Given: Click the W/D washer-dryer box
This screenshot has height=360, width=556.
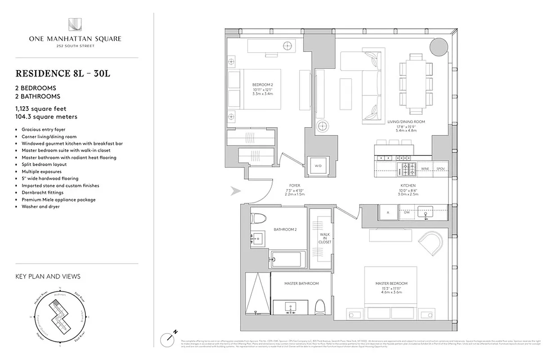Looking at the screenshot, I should pyautogui.click(x=318, y=166).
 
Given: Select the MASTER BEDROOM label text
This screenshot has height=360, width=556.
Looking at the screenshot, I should pyautogui.click(x=391, y=283).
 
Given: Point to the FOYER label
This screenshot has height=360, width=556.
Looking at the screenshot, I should pyautogui.click(x=295, y=185).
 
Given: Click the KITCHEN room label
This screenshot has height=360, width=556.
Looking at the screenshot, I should pyautogui.click(x=408, y=185).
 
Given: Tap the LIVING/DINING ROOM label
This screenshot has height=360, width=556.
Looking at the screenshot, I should pyautogui.click(x=406, y=121).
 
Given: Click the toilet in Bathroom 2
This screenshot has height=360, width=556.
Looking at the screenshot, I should pyautogui.click(x=257, y=218).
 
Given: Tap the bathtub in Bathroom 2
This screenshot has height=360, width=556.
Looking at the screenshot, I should pyautogui.click(x=288, y=260).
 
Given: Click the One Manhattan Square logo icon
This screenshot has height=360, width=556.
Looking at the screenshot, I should pyautogui.click(x=75, y=25).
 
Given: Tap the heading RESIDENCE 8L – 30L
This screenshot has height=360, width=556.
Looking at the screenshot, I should pyautogui.click(x=63, y=73).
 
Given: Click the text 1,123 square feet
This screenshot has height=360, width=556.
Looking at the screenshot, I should pyautogui.click(x=43, y=108).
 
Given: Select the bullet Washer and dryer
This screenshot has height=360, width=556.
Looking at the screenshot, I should pyautogui.click(x=40, y=207).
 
